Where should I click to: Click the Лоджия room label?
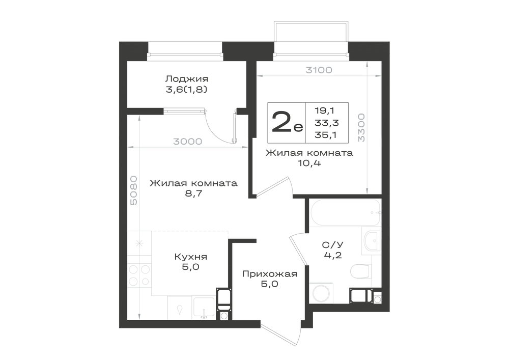point(187,79)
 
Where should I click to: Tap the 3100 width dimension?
point(319,70)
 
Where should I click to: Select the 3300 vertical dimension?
point(361,128)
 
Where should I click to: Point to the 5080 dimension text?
point(133,190)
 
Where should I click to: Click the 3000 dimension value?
point(188,142)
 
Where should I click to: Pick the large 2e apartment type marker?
point(287,122)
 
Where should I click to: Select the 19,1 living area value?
point(324,110)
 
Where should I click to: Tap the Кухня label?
point(190,257)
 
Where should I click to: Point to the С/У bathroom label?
point(333,245)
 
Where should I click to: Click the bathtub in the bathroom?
point(345,213)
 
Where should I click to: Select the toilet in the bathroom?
point(361,272)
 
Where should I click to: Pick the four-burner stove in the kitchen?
point(139,275)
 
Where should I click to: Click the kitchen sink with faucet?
point(204,308)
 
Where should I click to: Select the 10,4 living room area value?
point(309,163)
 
